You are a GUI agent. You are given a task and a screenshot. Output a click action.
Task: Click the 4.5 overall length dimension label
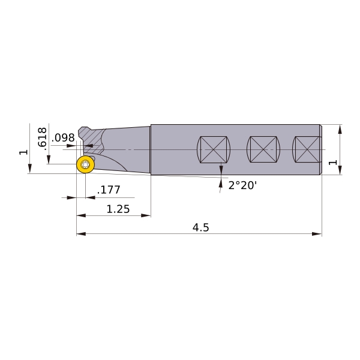coord(201,227)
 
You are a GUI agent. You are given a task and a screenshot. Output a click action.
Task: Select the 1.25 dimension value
coord(118,209)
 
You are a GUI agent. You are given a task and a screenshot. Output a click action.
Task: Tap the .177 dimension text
coord(109,190)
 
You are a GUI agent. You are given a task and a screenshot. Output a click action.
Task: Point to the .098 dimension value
coord(63,138)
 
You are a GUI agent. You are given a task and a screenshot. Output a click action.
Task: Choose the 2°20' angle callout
coord(242,185)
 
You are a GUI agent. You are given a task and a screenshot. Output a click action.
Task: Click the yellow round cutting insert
coord(85,164)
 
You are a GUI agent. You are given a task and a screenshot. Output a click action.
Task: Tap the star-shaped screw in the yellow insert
coord(85,164)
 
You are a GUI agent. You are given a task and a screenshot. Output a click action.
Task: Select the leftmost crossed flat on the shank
coord(214,149)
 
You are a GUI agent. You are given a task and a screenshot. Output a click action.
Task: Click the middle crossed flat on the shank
coord(263,149)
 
